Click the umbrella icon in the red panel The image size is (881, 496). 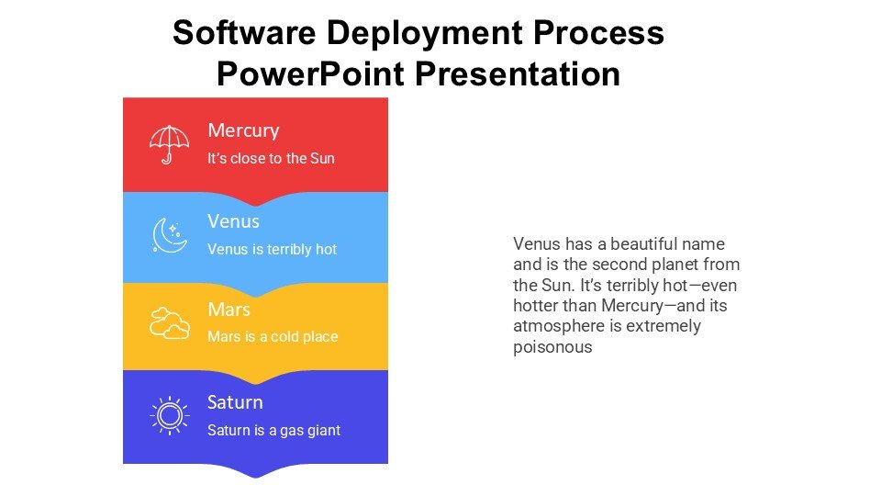169,144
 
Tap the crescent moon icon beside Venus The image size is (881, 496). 169,235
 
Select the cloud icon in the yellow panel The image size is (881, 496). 169,322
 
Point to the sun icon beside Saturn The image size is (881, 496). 169,415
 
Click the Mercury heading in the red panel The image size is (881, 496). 243,131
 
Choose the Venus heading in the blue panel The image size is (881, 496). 233,221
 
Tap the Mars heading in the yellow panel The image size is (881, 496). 229,310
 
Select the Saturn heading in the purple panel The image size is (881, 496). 235,402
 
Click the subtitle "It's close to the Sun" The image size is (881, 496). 271,158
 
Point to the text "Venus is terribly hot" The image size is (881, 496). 272,249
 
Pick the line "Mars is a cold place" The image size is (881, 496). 273,336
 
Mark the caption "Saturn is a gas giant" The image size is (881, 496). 273,430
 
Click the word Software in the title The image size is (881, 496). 244,32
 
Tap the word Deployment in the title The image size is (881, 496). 425,34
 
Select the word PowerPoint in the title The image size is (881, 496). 311,73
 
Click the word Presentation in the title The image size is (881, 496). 518,73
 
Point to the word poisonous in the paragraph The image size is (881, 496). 552,347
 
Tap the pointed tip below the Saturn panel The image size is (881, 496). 256,478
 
